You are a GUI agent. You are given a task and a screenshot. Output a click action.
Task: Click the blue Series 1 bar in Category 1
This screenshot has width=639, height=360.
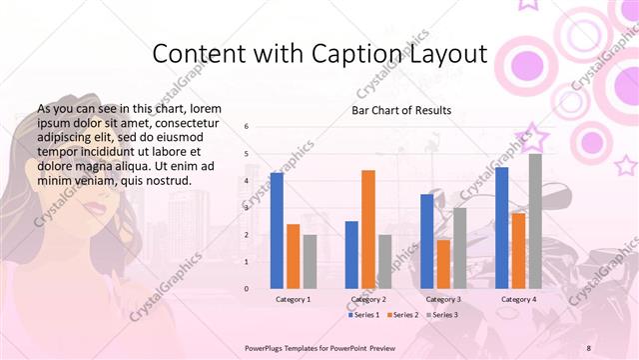pyautogui.click(x=277, y=231)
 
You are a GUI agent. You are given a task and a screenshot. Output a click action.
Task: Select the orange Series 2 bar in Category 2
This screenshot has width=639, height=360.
pyautogui.click(x=368, y=229)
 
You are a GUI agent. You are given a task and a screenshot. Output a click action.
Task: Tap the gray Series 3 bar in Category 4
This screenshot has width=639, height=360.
pyautogui.click(x=535, y=221)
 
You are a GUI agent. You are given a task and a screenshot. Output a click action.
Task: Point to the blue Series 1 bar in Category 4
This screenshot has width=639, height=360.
pyautogui.click(x=501, y=228)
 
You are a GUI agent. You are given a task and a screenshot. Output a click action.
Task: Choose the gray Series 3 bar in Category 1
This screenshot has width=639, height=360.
pyautogui.click(x=310, y=262)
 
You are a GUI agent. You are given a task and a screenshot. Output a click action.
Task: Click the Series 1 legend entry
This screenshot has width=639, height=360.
pyautogui.click(x=365, y=315)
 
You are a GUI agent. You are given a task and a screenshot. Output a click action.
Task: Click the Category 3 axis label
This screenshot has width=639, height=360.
pyautogui.click(x=443, y=299)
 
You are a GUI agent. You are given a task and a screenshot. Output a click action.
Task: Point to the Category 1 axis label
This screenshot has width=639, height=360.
pyautogui.click(x=294, y=299)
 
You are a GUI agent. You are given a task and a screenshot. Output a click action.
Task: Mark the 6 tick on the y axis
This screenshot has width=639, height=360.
pyautogui.click(x=247, y=127)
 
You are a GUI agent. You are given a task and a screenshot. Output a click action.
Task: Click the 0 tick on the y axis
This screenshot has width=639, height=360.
pyautogui.click(x=247, y=289)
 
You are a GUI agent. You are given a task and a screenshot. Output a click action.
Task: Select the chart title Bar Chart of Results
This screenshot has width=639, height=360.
pyautogui.click(x=401, y=110)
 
